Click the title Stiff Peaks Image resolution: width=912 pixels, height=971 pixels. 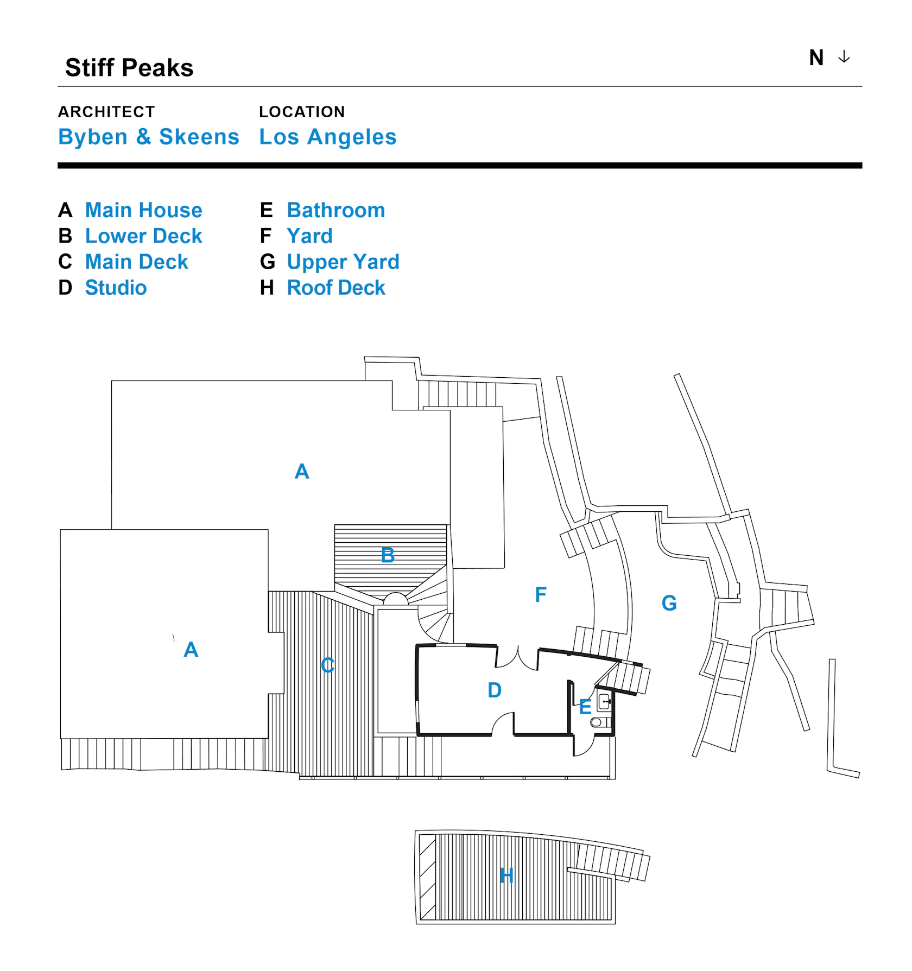click(x=129, y=68)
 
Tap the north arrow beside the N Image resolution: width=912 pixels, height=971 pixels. click(x=844, y=57)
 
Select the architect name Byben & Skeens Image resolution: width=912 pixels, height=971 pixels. click(x=148, y=137)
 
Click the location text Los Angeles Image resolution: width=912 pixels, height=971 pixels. click(x=327, y=137)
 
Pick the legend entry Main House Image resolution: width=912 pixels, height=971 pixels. click(x=143, y=210)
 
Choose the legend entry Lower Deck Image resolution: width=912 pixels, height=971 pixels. click(x=143, y=236)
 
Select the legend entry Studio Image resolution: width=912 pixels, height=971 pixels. click(x=116, y=288)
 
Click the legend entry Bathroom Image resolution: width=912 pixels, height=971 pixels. click(x=335, y=210)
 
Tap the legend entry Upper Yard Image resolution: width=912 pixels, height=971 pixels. click(x=343, y=262)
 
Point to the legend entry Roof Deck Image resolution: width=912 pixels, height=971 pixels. click(x=335, y=288)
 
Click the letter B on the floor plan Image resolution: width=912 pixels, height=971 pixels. click(x=388, y=555)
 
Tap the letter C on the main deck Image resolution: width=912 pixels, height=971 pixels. click(x=327, y=665)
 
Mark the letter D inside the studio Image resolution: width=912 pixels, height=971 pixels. click(x=495, y=690)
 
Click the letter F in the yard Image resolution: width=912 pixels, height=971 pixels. click(x=541, y=595)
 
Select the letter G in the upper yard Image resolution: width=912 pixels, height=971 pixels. click(x=669, y=603)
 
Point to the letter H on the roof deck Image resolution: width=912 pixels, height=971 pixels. click(x=506, y=875)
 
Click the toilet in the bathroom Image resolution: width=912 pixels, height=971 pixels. click(x=597, y=722)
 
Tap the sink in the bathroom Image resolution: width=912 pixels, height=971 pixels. click(x=604, y=702)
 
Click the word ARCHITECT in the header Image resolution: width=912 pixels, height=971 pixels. click(x=106, y=112)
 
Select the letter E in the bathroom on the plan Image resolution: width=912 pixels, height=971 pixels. click(x=585, y=707)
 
